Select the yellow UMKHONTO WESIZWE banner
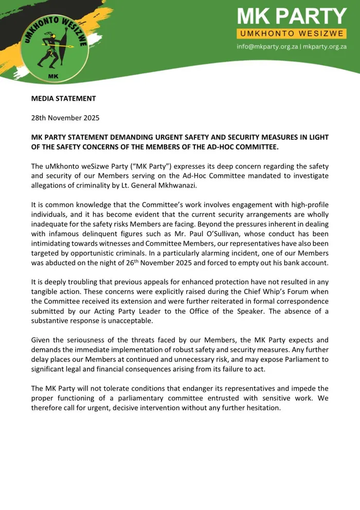point(292,34)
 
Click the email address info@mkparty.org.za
point(267,46)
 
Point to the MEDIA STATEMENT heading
point(63,98)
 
